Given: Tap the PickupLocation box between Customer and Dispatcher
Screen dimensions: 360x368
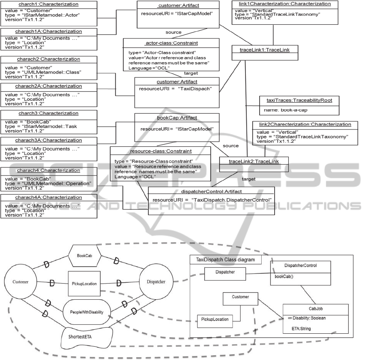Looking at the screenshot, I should pos(84,284).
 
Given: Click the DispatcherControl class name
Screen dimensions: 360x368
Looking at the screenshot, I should pos(300,266).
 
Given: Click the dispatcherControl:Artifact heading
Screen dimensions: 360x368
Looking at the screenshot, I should pos(211,191).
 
